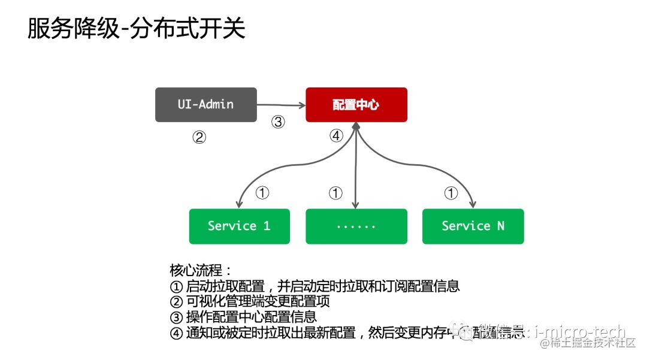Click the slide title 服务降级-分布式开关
coord(137,29)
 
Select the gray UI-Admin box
coord(205,105)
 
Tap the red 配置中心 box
coord(356,105)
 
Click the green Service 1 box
coord(239,226)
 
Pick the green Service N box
coord(473,226)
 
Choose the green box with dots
coord(356,226)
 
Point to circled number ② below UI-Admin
coord(199,137)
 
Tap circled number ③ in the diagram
coord(277,122)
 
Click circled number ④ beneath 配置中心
coord(336,136)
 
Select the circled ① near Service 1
coord(262,193)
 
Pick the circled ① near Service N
coord(451,193)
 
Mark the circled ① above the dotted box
coord(335,193)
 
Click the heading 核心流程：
coord(201,270)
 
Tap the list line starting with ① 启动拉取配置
coord(315,286)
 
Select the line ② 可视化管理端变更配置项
coord(250,301)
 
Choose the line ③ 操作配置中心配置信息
coord(243,317)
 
